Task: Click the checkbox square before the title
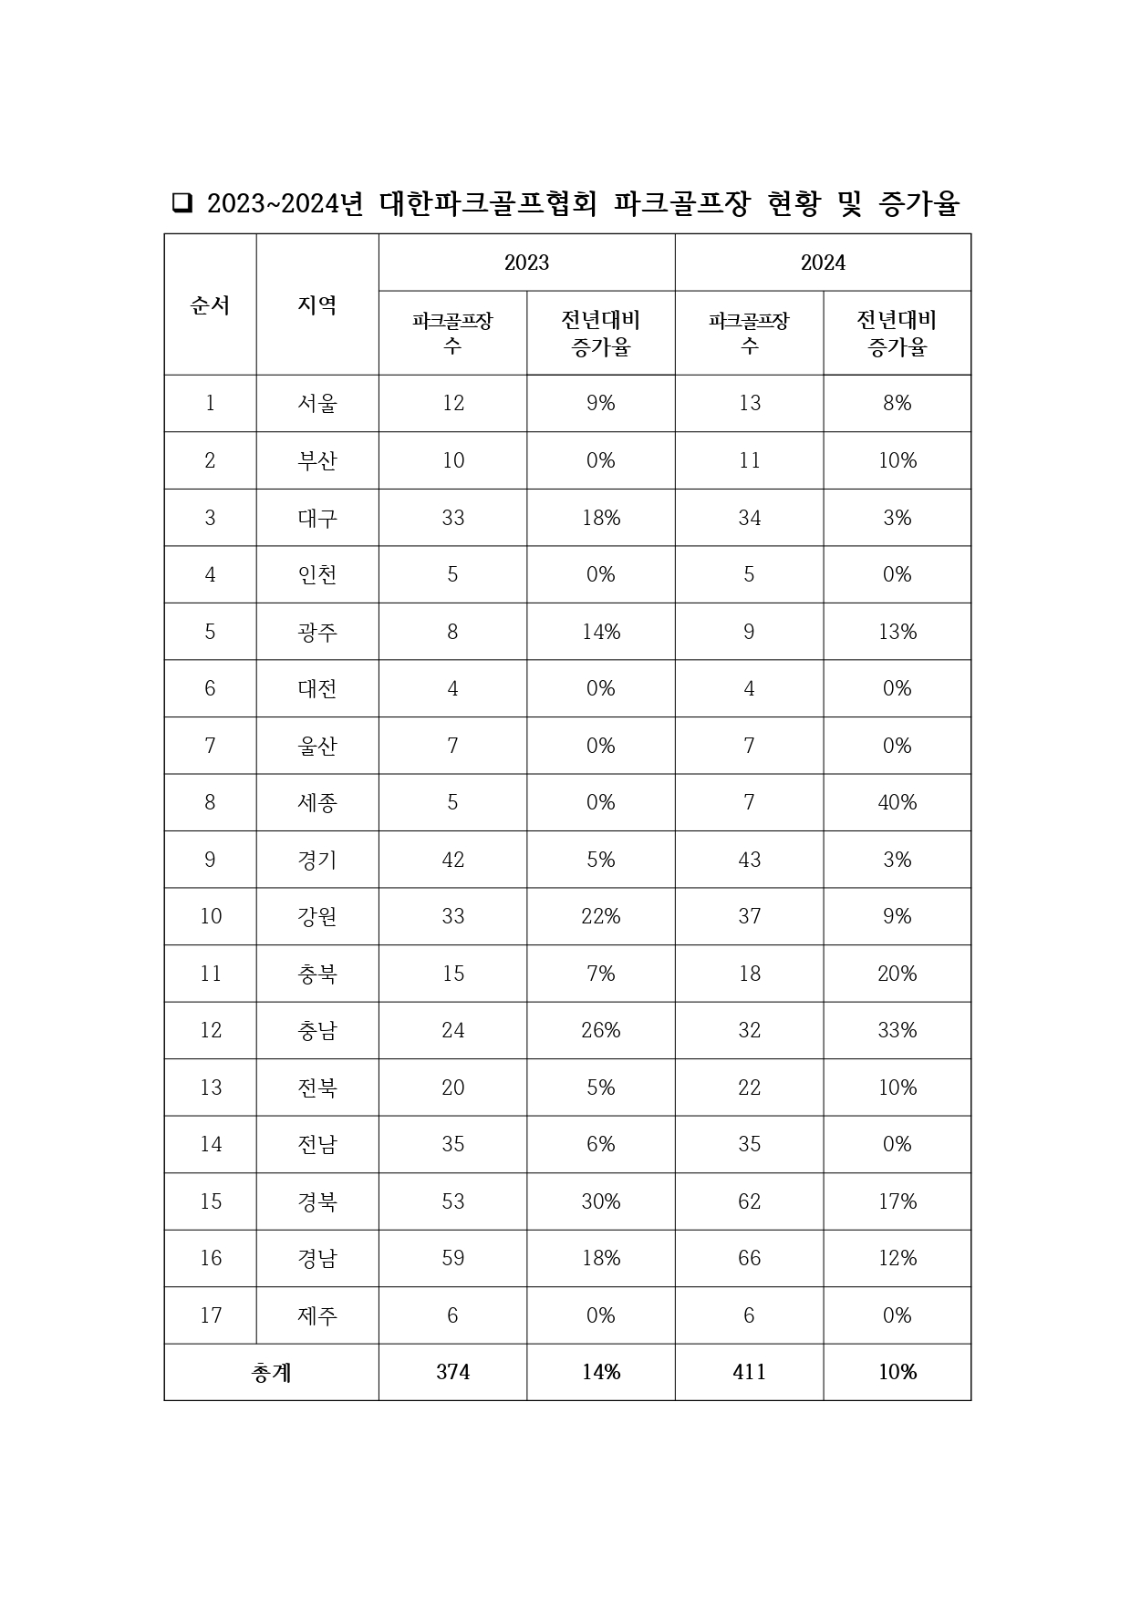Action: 182,203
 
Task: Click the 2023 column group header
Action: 526,263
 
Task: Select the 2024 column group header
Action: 823,263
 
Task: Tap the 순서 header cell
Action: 210,304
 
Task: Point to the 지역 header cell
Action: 317,304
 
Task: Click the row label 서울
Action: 317,403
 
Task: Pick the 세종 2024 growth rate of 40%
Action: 897,802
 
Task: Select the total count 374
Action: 452,1372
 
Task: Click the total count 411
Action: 749,1372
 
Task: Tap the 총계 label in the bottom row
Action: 271,1372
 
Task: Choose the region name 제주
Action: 317,1315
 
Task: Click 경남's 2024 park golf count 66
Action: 749,1258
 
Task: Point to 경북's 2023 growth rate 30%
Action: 601,1201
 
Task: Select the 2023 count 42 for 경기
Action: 452,860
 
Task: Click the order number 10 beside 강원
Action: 210,916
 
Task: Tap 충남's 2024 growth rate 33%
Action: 897,1030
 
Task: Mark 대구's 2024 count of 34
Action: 749,518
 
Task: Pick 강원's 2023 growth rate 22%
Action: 601,916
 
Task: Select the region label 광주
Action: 317,632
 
